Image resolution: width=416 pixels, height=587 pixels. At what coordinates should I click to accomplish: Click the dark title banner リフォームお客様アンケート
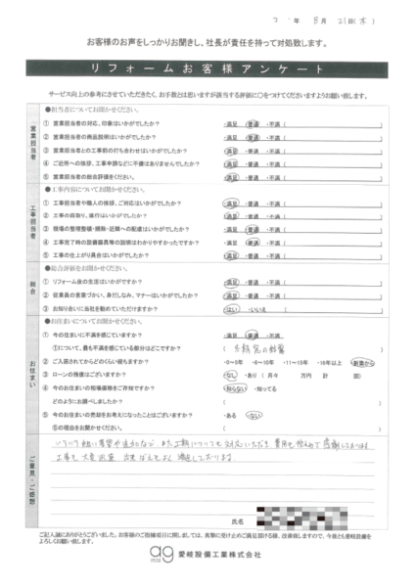208,70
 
